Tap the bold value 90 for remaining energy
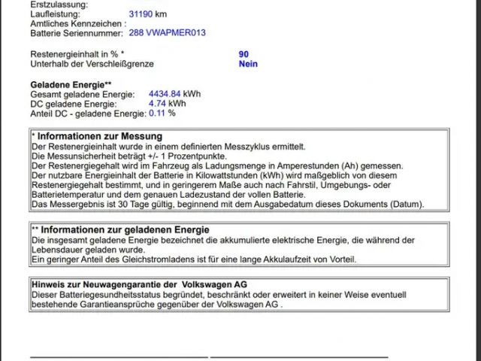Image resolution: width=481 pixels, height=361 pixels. [x=244, y=54]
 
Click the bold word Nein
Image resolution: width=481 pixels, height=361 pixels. [x=248, y=64]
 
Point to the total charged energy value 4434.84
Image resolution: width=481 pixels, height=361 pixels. [x=165, y=94]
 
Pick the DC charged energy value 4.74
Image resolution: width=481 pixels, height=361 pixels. [x=157, y=104]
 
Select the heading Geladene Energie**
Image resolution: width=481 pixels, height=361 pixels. [x=71, y=85]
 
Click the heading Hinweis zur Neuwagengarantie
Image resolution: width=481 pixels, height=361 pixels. [x=105, y=285]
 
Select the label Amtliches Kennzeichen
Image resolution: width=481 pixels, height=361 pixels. [x=76, y=23]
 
